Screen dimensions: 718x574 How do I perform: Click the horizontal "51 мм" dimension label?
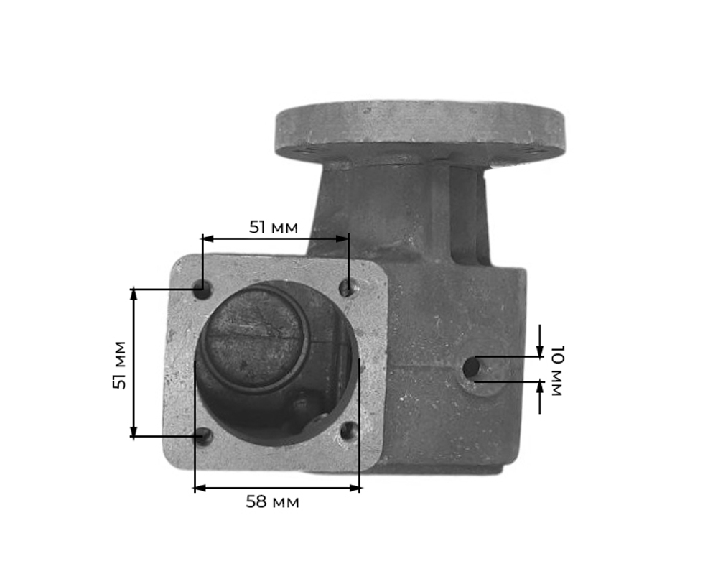[274, 227]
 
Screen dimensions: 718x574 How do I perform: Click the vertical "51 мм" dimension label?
[119, 365]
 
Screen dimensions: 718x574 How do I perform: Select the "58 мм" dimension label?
[272, 501]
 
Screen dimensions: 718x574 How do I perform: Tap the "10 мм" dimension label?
[556, 371]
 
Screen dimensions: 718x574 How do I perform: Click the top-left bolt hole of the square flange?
[202, 290]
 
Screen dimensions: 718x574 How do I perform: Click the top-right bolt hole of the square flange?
[348, 289]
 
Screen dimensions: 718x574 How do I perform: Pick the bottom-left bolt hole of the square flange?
[203, 436]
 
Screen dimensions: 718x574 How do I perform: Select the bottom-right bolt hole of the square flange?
[349, 431]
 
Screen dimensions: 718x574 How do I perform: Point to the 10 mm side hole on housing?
[472, 368]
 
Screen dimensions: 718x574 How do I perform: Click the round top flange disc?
[419, 130]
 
